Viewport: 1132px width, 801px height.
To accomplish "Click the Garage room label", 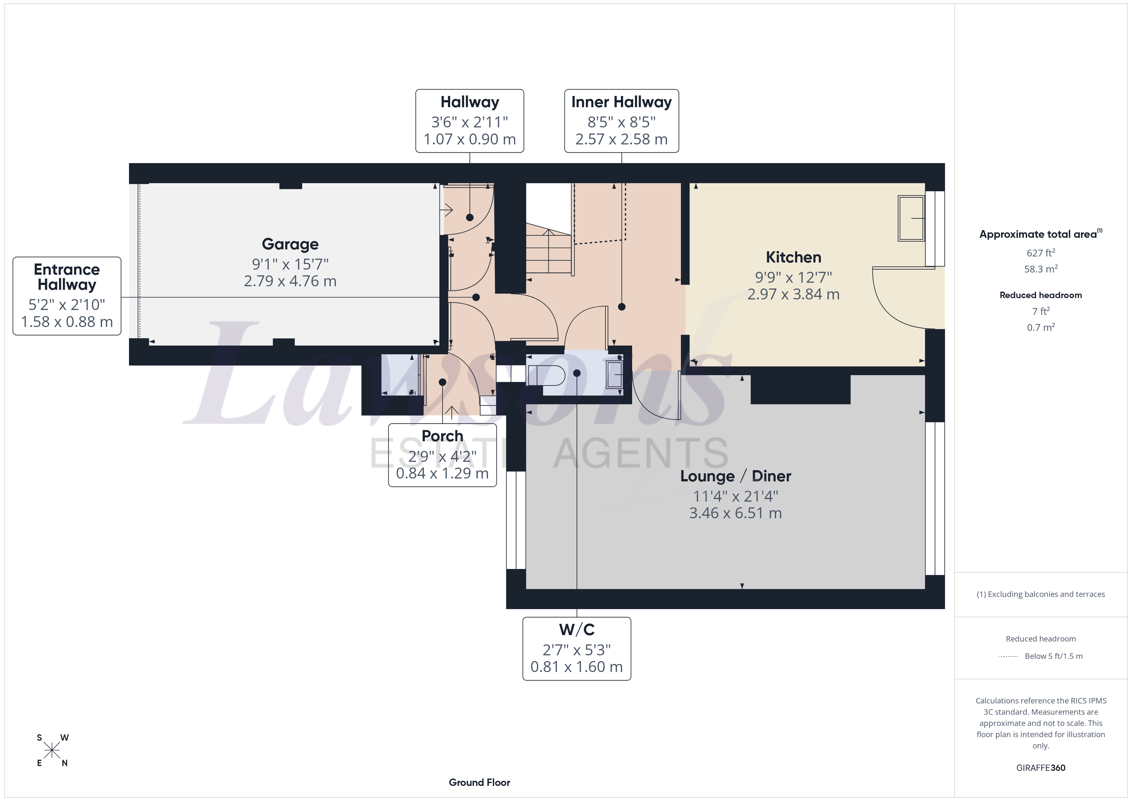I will (290, 244).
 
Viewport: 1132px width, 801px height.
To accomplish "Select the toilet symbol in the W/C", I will (546, 375).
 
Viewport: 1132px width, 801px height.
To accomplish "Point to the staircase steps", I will (548, 252).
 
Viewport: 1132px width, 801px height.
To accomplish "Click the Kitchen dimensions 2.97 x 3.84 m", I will (793, 295).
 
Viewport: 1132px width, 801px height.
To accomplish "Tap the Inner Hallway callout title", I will (621, 102).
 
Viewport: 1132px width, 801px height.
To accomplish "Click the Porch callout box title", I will (442, 436).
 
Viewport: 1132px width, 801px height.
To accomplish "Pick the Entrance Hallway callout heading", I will (66, 277).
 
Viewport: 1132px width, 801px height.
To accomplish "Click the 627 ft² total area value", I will (1040, 253).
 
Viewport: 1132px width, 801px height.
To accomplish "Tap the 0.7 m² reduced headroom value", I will (1040, 328).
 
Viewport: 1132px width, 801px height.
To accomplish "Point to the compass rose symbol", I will (52, 750).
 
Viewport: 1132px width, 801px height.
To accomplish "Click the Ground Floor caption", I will (479, 782).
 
